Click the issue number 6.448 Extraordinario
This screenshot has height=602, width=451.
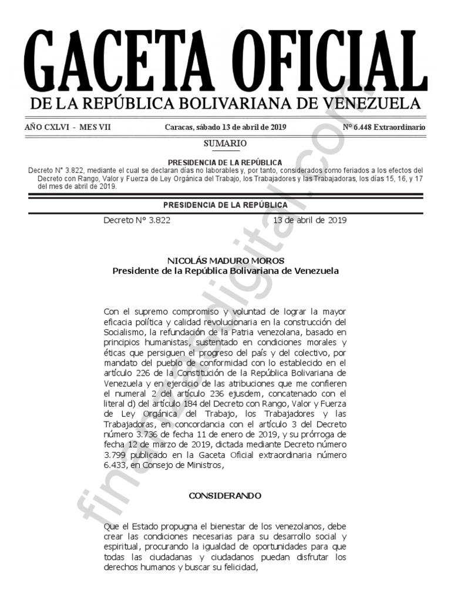tap(384, 128)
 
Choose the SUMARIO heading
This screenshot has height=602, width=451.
tap(225, 143)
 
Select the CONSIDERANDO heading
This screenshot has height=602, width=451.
tap(225, 496)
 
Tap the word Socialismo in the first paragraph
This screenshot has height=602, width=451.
tap(124, 332)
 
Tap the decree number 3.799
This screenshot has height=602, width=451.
tap(115, 455)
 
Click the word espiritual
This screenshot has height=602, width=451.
tap(123, 547)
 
